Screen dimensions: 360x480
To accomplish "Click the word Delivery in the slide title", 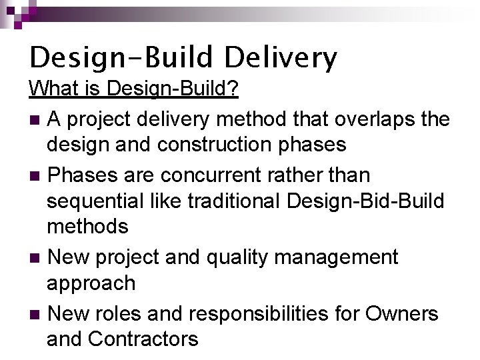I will (281, 58).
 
